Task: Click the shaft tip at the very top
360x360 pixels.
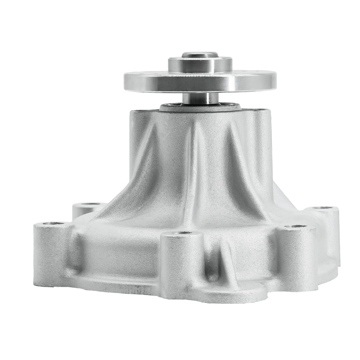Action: (200, 55)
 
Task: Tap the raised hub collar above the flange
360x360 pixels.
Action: (200, 65)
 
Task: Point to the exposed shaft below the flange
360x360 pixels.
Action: (200, 98)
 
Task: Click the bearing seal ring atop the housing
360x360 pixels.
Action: (200, 108)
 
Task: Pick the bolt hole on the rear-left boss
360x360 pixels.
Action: (90, 205)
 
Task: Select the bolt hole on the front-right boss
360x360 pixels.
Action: (296, 226)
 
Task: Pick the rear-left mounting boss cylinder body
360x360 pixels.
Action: (83, 211)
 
